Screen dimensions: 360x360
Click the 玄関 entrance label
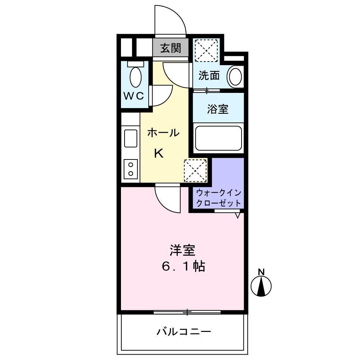click(x=170, y=48)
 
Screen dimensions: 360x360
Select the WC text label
click(x=134, y=96)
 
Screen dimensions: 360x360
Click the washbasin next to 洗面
click(x=235, y=76)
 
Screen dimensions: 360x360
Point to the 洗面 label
click(x=209, y=76)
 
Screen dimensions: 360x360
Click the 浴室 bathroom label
click(x=217, y=109)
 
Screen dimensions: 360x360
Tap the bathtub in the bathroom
click(x=218, y=138)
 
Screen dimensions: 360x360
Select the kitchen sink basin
click(x=130, y=138)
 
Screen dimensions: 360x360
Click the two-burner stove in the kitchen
click(x=130, y=168)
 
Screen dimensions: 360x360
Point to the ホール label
click(x=163, y=133)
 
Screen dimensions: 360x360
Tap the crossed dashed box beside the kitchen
click(x=195, y=170)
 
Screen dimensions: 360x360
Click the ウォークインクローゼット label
click(x=219, y=197)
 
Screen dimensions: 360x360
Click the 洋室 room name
click(x=183, y=249)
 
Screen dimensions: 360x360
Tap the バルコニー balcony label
click(x=183, y=332)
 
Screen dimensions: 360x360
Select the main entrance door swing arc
click(x=170, y=20)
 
